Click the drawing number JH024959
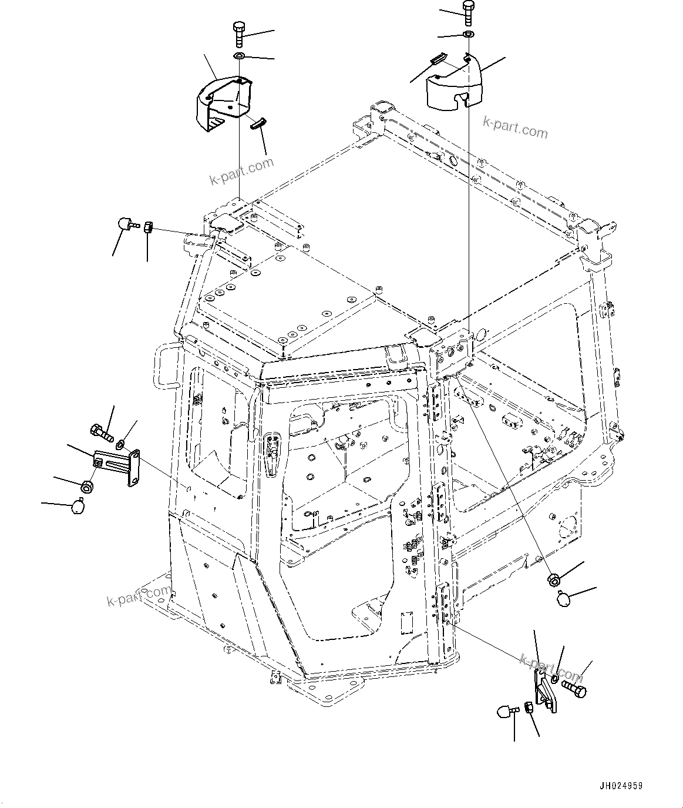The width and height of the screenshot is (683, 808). pos(621,784)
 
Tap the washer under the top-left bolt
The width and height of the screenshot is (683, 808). pos(239,56)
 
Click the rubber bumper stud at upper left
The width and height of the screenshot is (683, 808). pos(126,224)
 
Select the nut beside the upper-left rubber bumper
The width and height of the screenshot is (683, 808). pos(148,227)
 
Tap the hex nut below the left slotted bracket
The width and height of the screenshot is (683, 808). pos(86,486)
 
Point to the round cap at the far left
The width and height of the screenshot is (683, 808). pos(77,506)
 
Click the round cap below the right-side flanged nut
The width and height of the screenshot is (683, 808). pos(563,599)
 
